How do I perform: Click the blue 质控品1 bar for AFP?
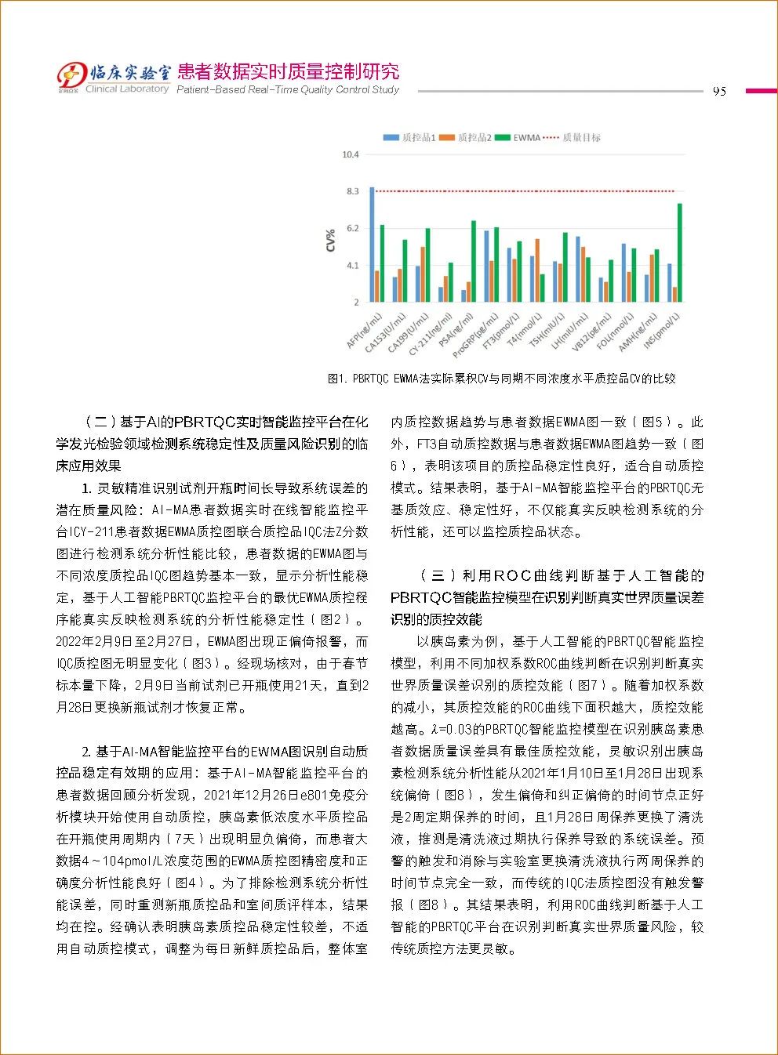(373, 245)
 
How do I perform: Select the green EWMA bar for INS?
(680, 252)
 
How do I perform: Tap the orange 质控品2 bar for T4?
(537, 270)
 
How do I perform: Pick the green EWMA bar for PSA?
(474, 261)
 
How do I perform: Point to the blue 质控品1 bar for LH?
(578, 269)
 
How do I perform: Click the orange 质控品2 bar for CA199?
(423, 274)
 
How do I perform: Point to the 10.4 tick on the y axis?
(350, 155)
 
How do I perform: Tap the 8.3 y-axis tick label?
(352, 191)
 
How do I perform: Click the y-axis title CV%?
(331, 240)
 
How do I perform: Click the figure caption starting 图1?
(501, 379)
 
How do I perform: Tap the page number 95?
(719, 91)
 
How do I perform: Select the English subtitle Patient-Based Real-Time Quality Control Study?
(288, 90)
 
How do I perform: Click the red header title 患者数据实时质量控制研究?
(289, 72)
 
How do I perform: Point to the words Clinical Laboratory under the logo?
(127, 89)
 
